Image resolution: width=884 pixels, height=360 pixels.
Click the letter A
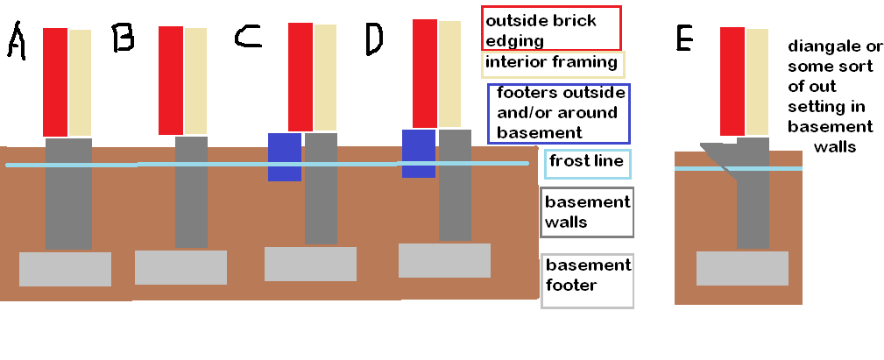point(17,40)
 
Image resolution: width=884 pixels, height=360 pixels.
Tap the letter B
point(123,38)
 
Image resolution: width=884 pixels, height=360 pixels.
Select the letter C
point(248,37)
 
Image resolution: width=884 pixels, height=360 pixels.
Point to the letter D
point(374,40)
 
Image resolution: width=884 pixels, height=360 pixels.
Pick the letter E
point(684,39)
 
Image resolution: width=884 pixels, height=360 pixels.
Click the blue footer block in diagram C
point(285,157)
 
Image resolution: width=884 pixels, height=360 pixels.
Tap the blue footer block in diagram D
point(419,154)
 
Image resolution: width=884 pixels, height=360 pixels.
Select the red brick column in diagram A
point(55,82)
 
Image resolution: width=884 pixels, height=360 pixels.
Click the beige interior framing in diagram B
point(195,81)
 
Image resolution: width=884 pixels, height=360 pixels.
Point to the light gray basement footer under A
point(66,269)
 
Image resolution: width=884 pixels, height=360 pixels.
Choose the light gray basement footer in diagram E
point(742,268)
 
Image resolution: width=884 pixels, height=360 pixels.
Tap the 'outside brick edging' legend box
point(552,28)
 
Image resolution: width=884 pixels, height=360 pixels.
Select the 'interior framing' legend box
point(553,64)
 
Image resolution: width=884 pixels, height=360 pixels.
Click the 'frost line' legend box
point(588,164)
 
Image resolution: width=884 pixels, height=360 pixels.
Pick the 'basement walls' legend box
point(588,212)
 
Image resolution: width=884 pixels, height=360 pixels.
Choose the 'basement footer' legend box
point(588,281)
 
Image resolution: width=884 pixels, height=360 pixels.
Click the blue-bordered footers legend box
point(559,114)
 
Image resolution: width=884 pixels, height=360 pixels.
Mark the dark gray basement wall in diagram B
point(191,192)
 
